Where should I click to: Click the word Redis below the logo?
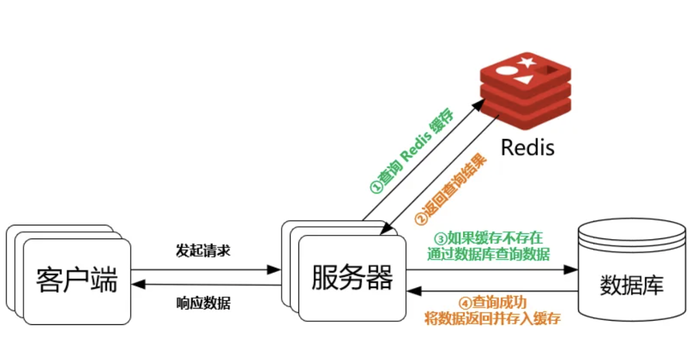pyautogui.click(x=527, y=146)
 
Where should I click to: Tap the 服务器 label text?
pyautogui.click(x=352, y=277)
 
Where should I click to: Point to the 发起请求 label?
pyautogui.click(x=203, y=251)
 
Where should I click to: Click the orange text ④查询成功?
pyautogui.click(x=492, y=302)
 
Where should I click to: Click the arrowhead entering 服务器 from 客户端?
pyautogui.click(x=275, y=270)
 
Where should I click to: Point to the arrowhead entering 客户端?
pyautogui.click(x=137, y=285)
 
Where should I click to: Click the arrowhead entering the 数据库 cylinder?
pyautogui.click(x=572, y=270)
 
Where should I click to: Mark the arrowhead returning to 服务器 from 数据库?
pyautogui.click(x=414, y=291)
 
